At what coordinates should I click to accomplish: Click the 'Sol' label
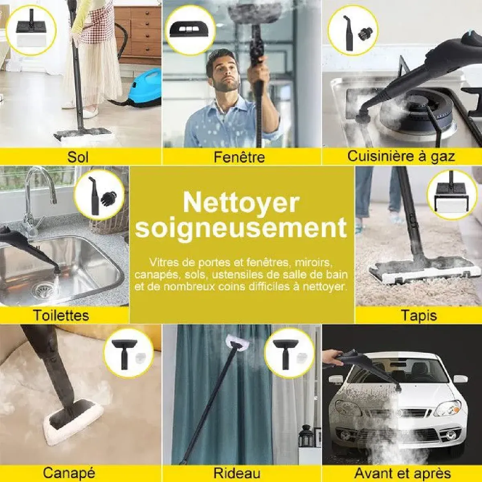coord(78,157)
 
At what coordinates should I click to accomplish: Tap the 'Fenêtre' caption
coord(239,157)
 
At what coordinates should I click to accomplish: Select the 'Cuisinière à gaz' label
coord(401,156)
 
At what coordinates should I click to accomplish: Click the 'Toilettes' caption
coord(61,315)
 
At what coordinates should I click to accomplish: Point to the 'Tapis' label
coord(419,316)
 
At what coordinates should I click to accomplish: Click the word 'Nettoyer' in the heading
coord(241,203)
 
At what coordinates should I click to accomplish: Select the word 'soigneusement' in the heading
coord(241,229)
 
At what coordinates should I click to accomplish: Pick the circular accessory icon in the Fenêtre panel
coord(190,31)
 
